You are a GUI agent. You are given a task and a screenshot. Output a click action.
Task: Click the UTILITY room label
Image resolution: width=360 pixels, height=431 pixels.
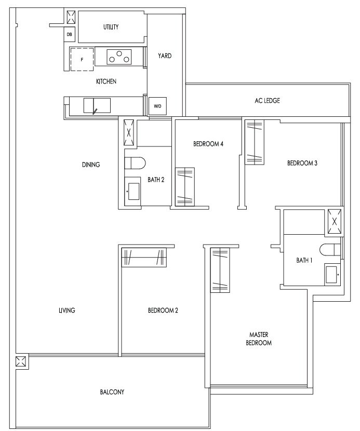[111, 27]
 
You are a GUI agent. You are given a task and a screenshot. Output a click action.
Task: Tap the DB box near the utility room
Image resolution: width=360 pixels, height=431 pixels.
[70, 35]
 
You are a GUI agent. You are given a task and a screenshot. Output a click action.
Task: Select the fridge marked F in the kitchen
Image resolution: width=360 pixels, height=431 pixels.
[82, 59]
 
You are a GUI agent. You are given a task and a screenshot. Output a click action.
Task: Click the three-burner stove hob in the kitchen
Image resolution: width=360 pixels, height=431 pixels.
[119, 57]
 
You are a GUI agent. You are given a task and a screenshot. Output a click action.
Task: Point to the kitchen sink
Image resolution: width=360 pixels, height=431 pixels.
[97, 105]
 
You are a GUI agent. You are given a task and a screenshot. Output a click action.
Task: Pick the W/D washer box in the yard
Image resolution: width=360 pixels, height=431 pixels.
[157, 106]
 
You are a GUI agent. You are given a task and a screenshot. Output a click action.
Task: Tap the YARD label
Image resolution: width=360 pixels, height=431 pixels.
[165, 56]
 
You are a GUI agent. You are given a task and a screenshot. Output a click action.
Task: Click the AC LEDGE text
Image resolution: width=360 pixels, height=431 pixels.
[268, 101]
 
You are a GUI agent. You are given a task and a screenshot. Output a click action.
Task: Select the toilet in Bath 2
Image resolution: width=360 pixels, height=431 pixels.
[135, 164]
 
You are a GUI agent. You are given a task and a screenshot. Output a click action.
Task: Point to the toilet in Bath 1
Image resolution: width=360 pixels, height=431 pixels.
[330, 250]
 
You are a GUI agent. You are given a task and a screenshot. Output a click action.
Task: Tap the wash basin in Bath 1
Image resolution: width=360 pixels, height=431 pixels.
[332, 275]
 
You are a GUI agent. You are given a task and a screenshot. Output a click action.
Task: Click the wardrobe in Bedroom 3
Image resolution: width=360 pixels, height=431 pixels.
[255, 142]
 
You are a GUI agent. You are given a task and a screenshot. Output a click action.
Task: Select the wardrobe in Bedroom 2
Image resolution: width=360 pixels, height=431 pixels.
[144, 257]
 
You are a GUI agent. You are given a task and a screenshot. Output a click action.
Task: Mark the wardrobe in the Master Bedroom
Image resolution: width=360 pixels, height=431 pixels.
[220, 270]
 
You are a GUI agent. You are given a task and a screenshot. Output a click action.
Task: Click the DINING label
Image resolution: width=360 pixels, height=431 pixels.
[91, 165]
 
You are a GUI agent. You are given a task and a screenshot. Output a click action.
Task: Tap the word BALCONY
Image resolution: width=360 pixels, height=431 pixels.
[112, 392]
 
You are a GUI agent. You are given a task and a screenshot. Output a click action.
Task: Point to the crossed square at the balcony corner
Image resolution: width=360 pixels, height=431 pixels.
[21, 361]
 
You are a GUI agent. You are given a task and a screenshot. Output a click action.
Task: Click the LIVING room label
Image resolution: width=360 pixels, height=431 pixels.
[67, 311]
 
